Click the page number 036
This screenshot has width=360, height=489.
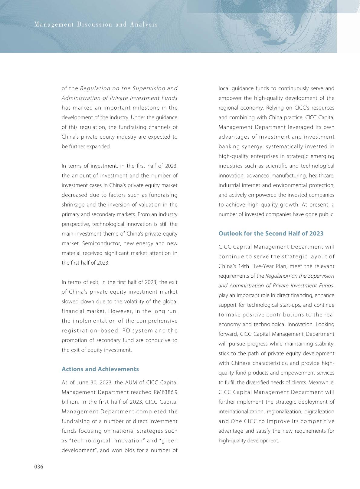[x=39, y=467]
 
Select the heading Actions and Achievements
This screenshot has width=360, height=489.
[x=100, y=369]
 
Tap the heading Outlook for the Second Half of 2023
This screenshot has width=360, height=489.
[x=271, y=233]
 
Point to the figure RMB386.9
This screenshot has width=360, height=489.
[x=165, y=392]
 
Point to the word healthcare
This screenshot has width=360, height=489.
[x=322, y=176]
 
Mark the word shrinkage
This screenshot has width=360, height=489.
[x=73, y=205]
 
